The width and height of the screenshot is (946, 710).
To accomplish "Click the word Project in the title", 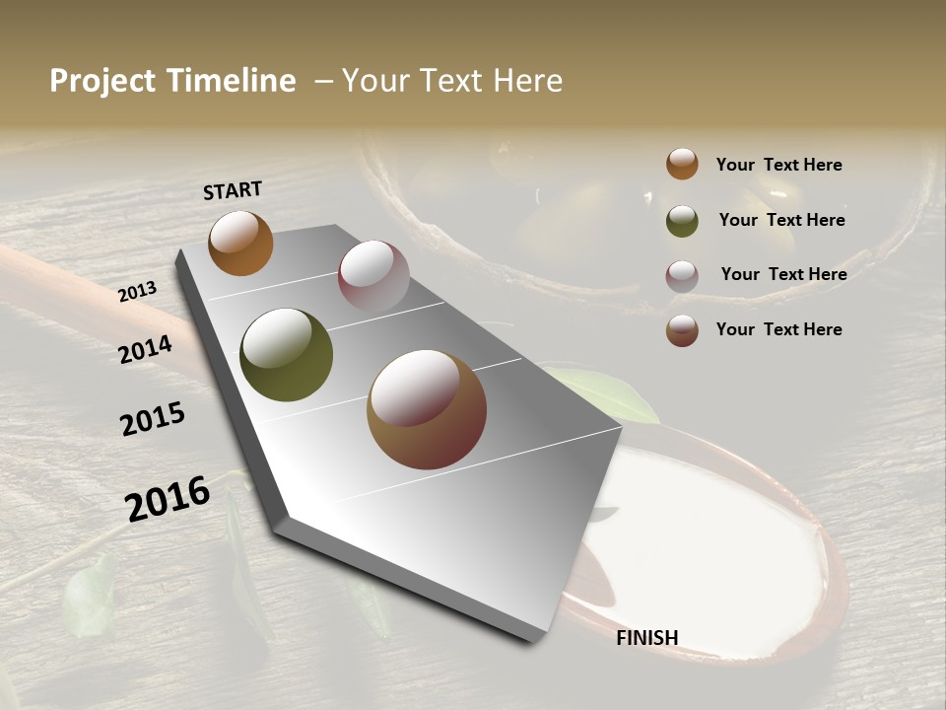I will [102, 82].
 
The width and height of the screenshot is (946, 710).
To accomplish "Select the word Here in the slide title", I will [527, 81].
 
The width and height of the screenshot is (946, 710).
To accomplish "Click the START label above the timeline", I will [233, 190].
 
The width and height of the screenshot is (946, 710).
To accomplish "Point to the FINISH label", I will [646, 638].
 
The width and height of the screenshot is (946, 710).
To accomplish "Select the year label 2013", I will [138, 293].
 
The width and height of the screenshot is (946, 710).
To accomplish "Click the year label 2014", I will [146, 349].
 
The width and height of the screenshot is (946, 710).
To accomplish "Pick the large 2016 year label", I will [168, 499].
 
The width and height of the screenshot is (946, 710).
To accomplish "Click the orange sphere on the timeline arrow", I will [240, 243].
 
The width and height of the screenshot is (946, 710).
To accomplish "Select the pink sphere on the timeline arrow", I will [373, 275].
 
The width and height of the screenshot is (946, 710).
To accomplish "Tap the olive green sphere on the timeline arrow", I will [287, 355].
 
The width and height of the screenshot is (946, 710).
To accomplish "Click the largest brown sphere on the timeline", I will [427, 409].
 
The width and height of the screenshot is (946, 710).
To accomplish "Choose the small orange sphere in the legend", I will [682, 165].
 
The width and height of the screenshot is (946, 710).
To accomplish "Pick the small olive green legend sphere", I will [682, 221].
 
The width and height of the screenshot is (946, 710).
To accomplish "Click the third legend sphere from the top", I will [682, 276].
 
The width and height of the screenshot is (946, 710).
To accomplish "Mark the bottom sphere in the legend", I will [682, 330].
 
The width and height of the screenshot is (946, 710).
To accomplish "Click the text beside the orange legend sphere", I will [778, 166].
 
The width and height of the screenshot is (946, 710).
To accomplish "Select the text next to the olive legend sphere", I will [781, 220].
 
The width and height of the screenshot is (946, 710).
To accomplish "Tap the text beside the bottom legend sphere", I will [778, 329].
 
